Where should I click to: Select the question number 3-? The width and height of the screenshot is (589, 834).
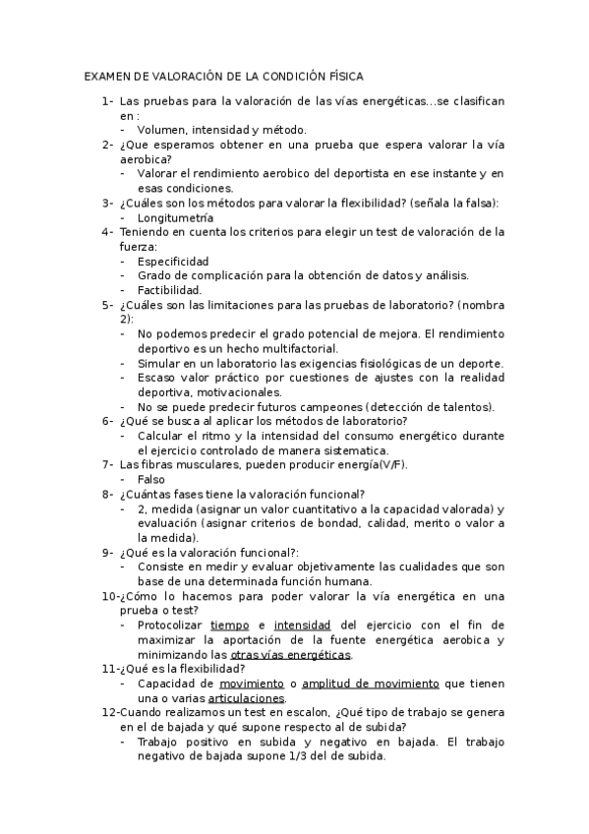point(108,203)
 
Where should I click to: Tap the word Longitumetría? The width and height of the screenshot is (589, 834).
point(175,217)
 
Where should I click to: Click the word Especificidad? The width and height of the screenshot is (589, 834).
point(173,262)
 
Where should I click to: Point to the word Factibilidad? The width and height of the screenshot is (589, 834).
point(169,290)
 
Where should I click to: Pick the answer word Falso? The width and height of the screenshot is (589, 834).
point(151,479)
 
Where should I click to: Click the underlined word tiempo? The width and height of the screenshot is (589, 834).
point(230,625)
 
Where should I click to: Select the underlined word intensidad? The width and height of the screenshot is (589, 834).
point(303,625)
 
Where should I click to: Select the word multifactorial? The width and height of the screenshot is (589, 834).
point(295,348)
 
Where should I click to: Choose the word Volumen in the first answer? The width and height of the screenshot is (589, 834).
point(160,129)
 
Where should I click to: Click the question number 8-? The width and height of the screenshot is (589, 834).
point(108,494)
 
